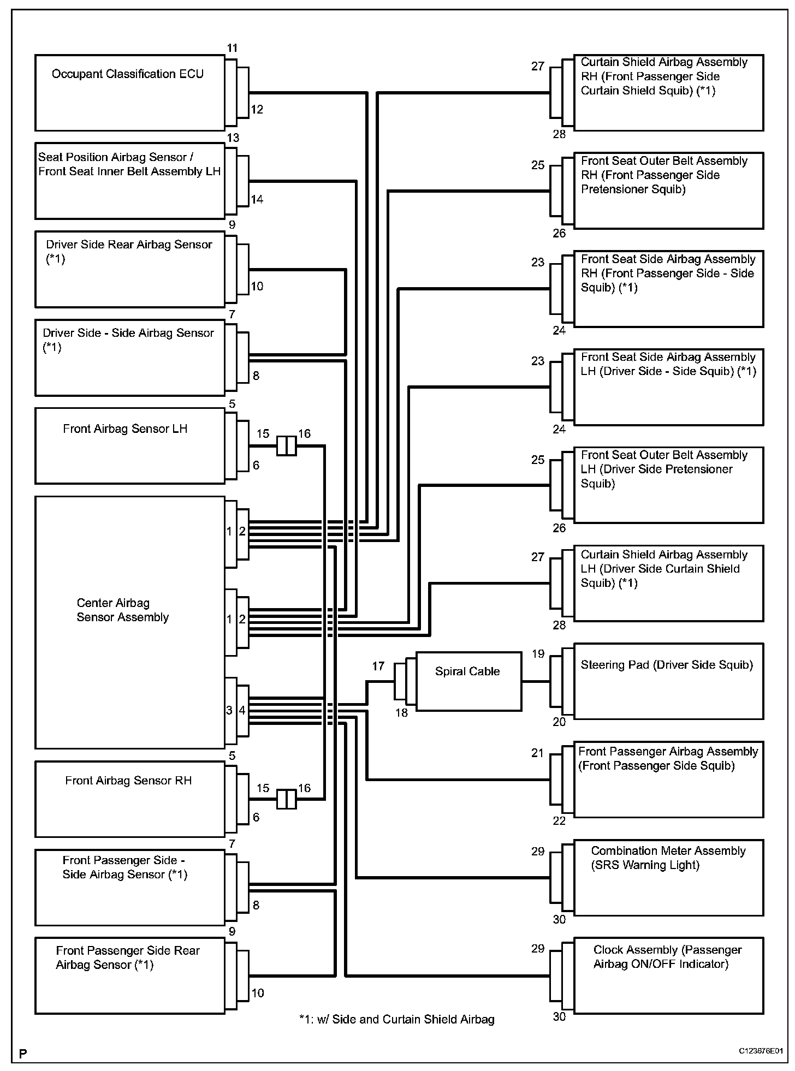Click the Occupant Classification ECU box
130,93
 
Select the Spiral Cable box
468,681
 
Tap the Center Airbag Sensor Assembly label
123,610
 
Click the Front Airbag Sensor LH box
130,446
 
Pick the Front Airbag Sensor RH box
130,799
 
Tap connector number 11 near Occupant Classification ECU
233,48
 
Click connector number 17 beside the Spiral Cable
378,666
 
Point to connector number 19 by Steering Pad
538,654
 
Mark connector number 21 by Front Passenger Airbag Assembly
538,753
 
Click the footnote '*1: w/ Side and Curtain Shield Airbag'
397,1019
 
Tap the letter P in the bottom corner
23,1054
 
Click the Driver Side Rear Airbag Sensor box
130,269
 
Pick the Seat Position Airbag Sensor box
130,181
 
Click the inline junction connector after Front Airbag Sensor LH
287,446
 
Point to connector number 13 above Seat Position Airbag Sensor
233,138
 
